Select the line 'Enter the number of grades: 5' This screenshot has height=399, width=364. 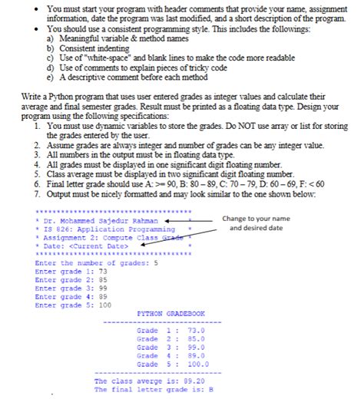pos(96,262)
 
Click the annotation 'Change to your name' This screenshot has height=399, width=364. pos(256,219)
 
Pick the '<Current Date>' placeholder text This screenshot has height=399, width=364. pos(98,246)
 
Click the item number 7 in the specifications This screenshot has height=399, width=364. pos(38,195)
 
